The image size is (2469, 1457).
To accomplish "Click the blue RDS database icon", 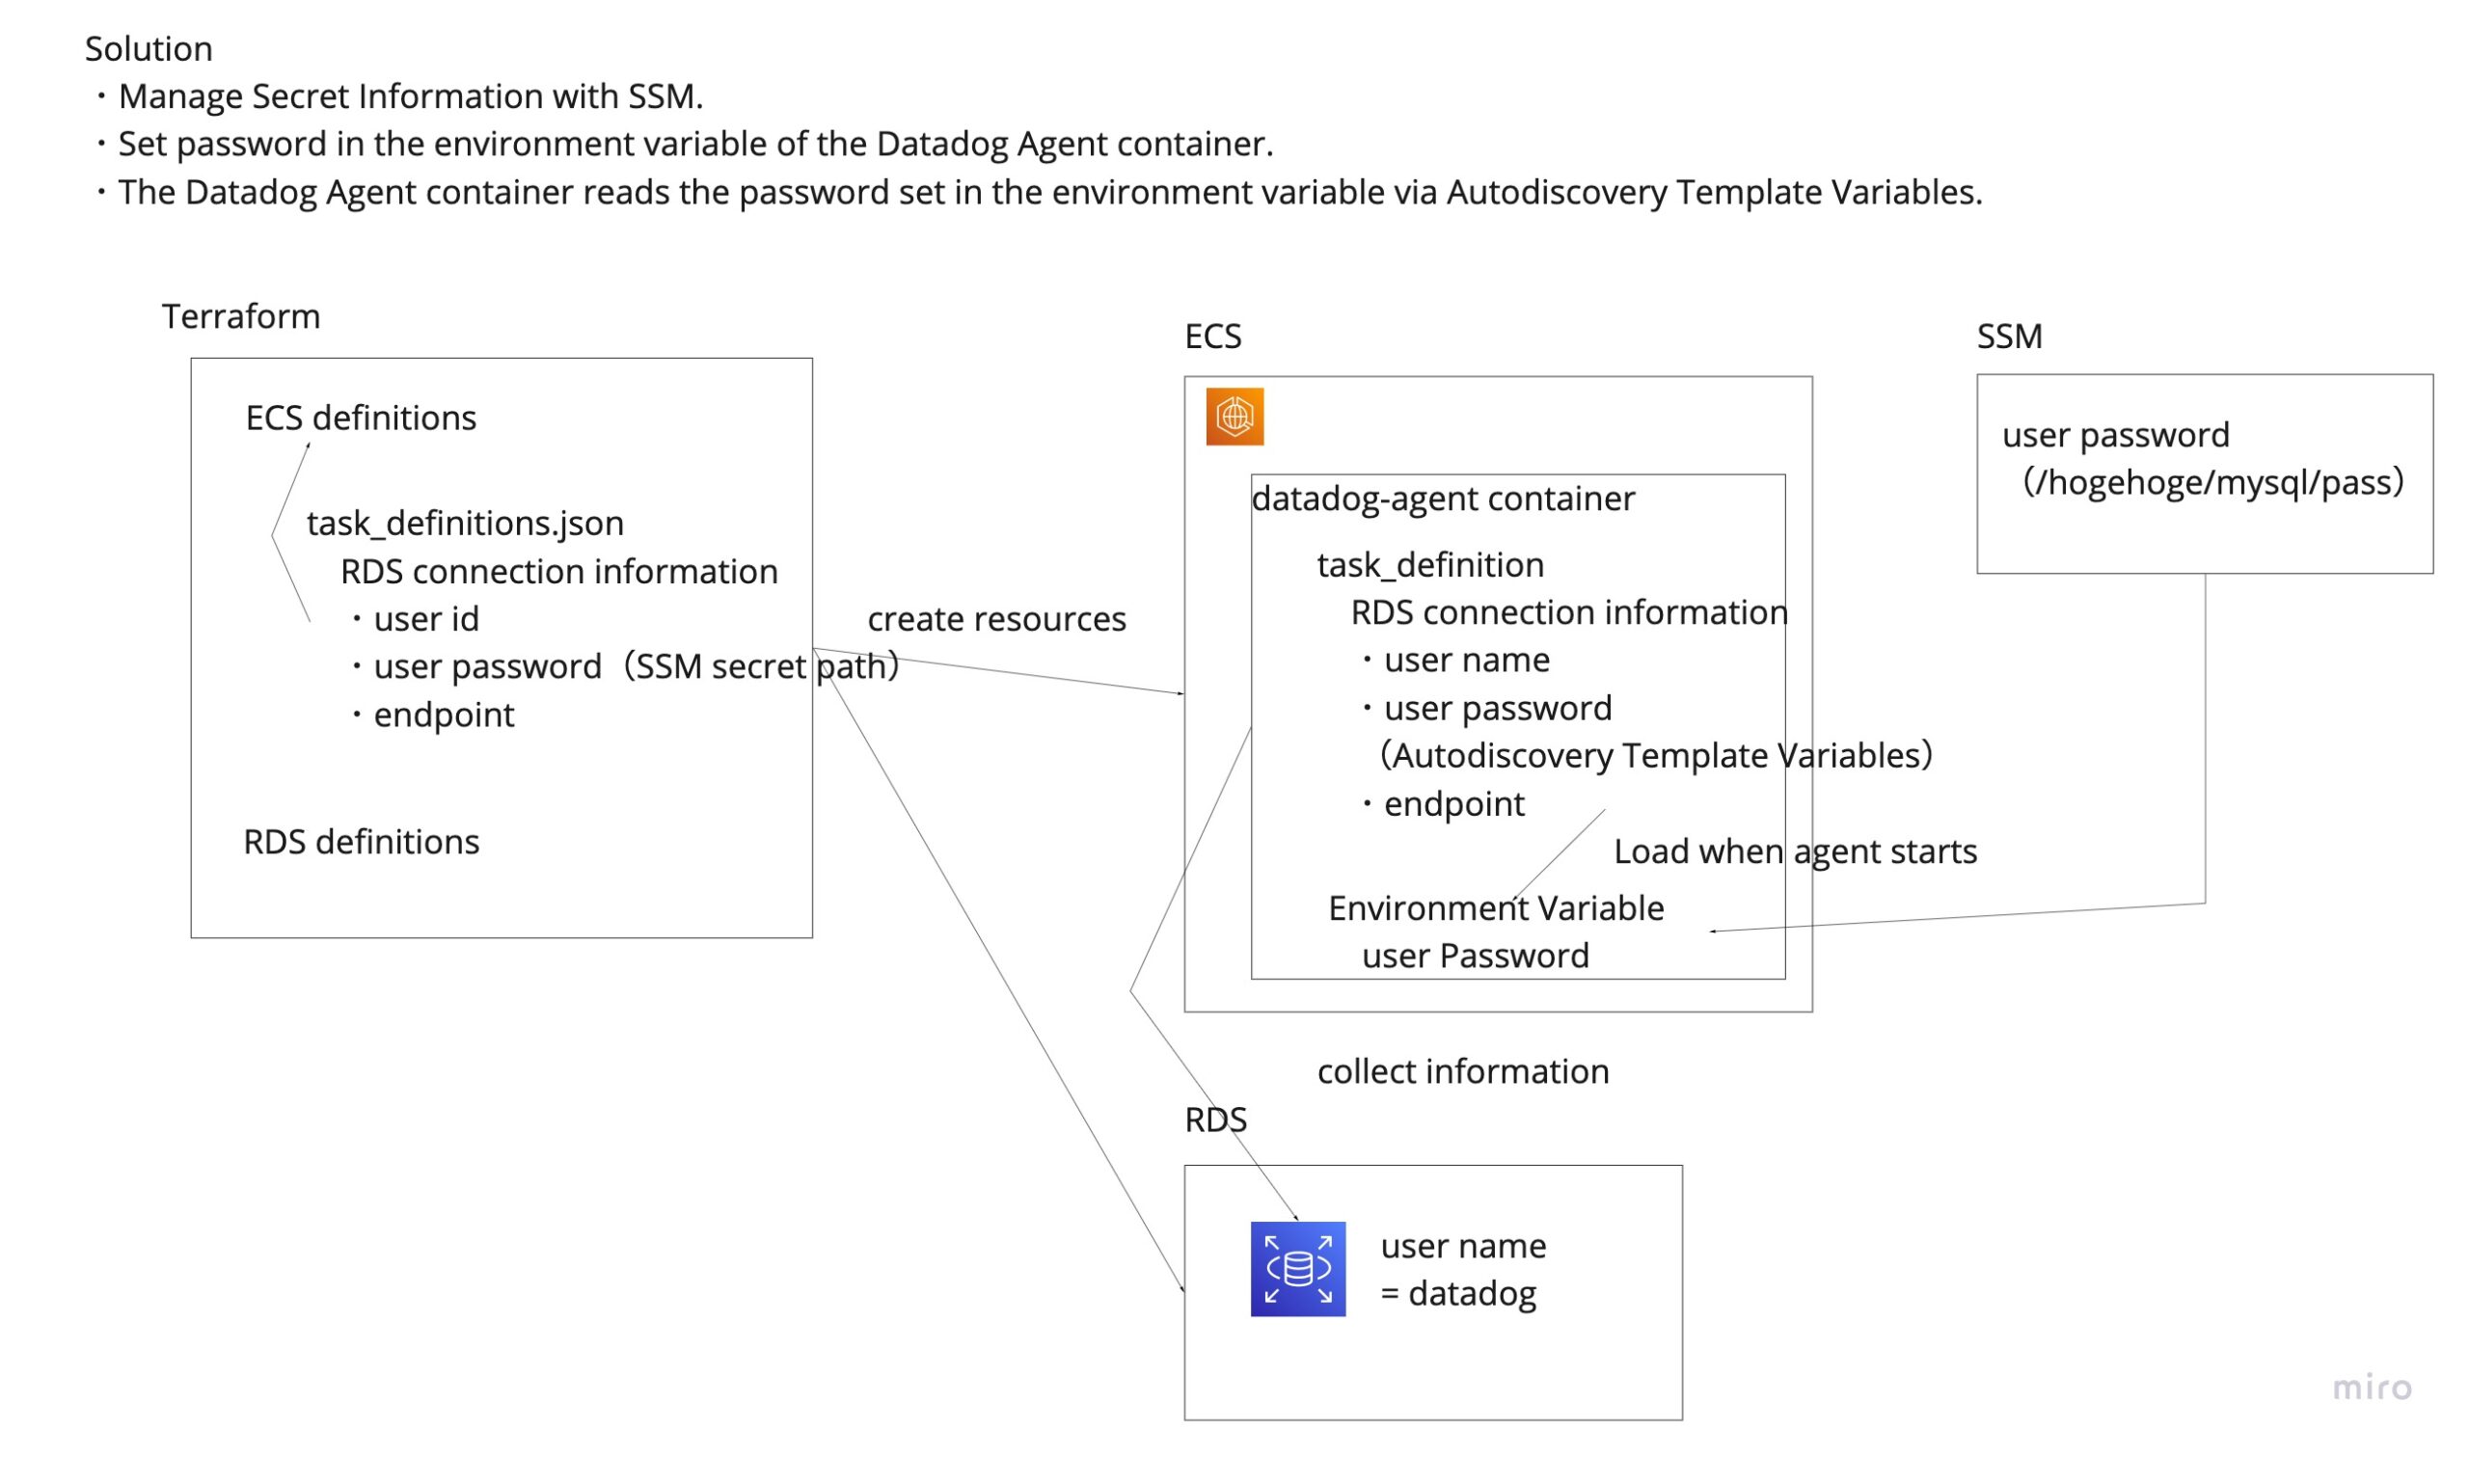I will coord(1297,1269).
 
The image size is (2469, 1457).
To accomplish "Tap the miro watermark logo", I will coord(2371,1387).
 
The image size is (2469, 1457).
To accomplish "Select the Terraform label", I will coord(240,316).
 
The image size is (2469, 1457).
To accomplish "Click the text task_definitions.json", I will coord(464,524).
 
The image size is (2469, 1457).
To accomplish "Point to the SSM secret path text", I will coord(761,666).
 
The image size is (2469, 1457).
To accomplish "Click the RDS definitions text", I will coord(362,842).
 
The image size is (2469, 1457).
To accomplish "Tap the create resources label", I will coord(996,619).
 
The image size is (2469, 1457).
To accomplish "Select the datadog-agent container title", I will coord(1443,499).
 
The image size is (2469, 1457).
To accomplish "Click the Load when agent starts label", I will coord(1795,851).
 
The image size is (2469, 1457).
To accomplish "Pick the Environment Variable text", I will coord(1495,908).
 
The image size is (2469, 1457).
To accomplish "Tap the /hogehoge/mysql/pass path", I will coord(2212,482).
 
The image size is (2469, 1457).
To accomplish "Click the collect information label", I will coord(1463,1071).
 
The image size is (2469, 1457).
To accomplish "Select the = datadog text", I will coord(1458,1293).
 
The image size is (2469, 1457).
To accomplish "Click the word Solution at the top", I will coord(149,49).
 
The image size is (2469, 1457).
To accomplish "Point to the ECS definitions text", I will coord(361,418).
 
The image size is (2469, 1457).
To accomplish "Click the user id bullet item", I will coord(425,619).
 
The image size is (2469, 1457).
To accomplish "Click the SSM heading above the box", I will coord(2009,337).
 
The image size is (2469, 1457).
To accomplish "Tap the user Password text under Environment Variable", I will coord(1475,956).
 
